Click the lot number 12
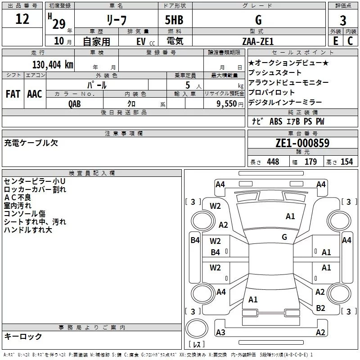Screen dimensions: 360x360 (x=22, y=19)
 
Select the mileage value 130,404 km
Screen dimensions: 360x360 (x=52, y=65)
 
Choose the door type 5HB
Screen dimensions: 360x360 (x=175, y=20)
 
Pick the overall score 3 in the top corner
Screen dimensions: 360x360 (x=343, y=20)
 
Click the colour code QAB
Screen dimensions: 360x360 (x=75, y=103)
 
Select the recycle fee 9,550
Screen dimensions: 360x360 (x=226, y=103)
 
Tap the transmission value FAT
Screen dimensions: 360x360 (x=13, y=94)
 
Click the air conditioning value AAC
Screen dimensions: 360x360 (x=35, y=94)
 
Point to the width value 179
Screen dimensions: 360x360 (x=310, y=162)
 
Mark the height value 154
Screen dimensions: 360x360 (x=346, y=162)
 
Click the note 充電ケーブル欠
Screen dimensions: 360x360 (x=31, y=143)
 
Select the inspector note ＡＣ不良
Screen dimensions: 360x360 (x=18, y=198)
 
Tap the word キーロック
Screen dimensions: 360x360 (x=23, y=337)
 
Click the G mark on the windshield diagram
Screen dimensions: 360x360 (x=284, y=237)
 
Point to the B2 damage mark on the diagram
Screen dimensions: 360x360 (x=320, y=308)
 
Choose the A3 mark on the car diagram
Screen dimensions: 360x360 (x=220, y=333)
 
